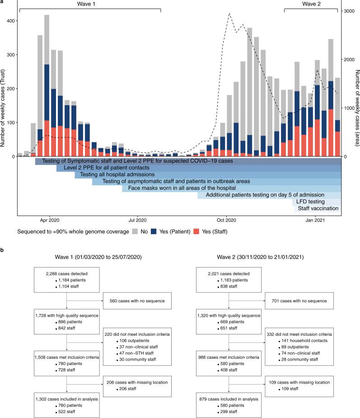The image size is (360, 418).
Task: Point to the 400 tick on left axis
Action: click(9, 21)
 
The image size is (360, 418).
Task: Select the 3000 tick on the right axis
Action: click(349, 11)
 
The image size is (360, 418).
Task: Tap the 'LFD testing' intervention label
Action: click(312, 202)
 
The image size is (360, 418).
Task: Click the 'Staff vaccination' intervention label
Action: click(318, 209)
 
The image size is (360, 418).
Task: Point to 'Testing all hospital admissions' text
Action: click(117, 174)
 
